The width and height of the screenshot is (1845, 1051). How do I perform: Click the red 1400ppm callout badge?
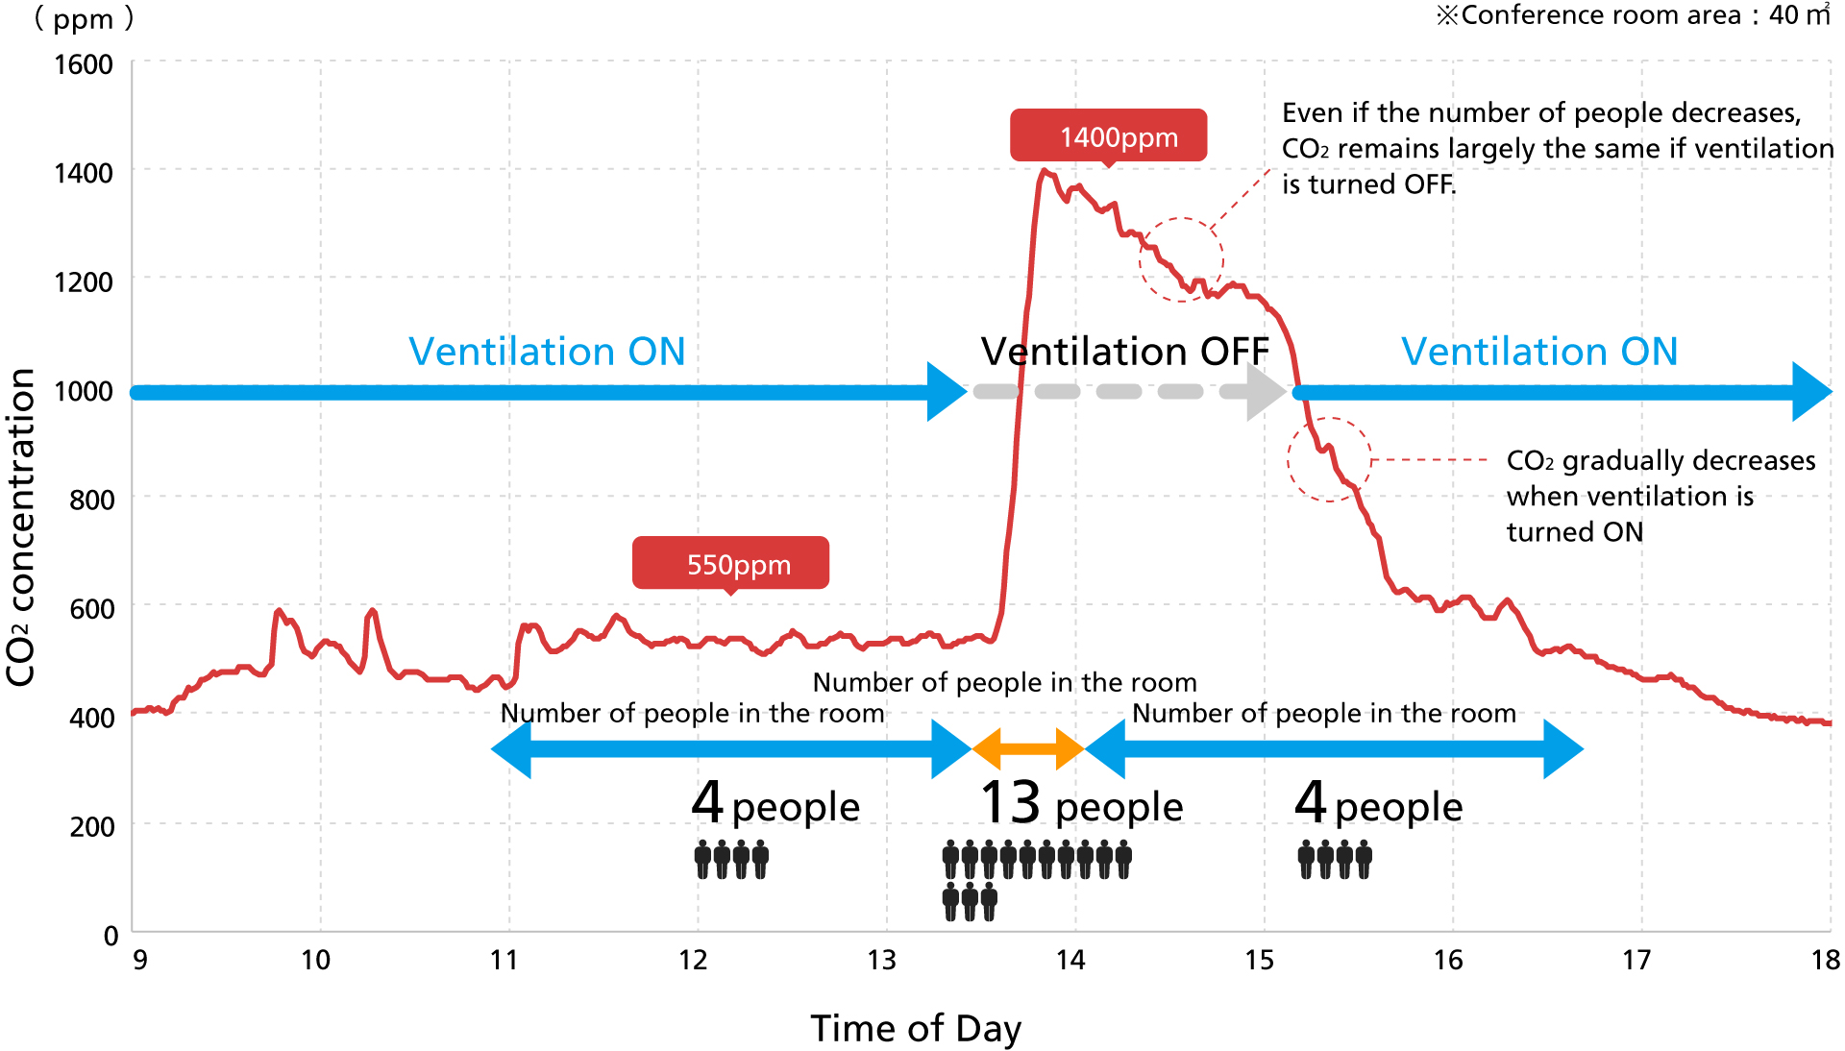tap(1108, 135)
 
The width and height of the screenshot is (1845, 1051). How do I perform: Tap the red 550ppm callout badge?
tap(730, 563)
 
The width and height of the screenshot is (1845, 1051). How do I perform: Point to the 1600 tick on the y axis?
tap(84, 64)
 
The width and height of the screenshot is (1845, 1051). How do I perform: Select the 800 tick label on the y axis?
tap(91, 500)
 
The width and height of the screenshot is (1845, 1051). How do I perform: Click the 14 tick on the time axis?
tap(1070, 960)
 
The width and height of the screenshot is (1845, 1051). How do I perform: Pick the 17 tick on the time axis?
tap(1636, 960)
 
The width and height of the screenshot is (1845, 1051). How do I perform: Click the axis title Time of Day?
tap(915, 1028)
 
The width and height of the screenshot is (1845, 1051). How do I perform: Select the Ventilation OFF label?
tap(1124, 352)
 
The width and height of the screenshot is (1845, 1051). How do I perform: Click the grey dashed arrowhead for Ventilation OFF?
tap(1265, 392)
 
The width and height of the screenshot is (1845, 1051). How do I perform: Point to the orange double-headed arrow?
tap(1028, 749)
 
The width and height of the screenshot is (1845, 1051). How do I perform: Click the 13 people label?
tap(1081, 804)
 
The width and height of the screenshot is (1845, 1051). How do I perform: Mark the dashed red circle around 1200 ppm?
tap(1181, 259)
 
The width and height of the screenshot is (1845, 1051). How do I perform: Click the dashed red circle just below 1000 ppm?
tap(1329, 459)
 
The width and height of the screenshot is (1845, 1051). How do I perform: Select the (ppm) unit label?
tap(84, 19)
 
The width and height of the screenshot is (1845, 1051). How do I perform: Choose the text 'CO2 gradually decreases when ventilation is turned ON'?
tap(1660, 496)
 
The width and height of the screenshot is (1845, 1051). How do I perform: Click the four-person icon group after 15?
tap(1335, 859)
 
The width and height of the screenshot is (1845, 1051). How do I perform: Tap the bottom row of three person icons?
tap(970, 901)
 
